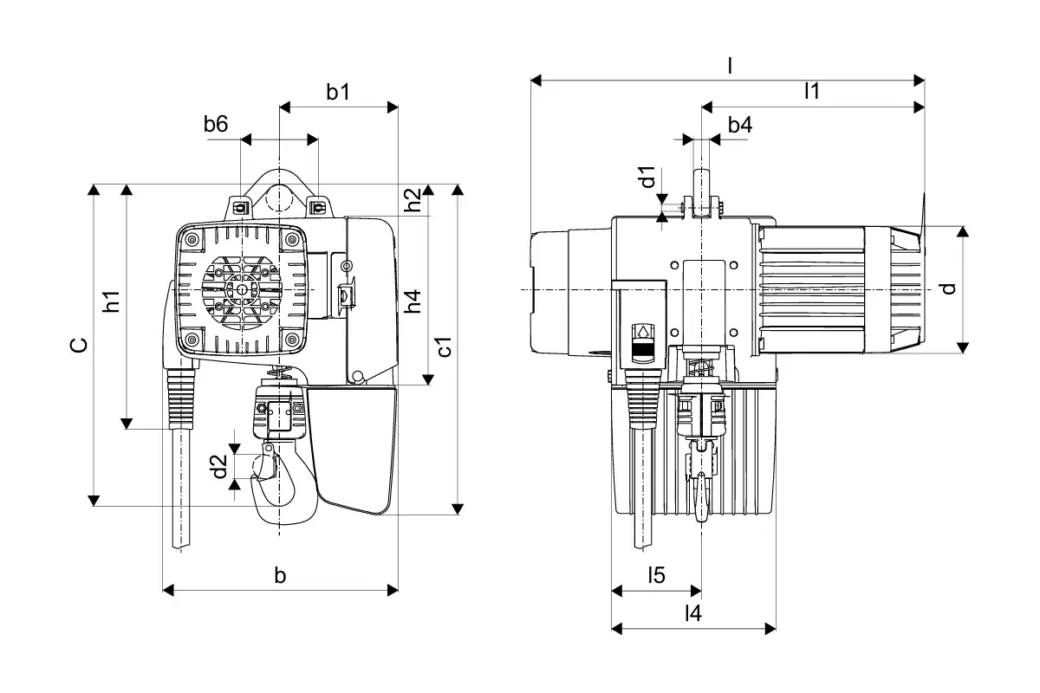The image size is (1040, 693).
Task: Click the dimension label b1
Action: coord(338,92)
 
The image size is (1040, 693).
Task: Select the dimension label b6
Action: coord(216,124)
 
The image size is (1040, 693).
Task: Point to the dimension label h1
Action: coord(112,301)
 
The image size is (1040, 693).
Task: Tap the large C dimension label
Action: coord(79,345)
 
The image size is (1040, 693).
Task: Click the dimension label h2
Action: coord(413,199)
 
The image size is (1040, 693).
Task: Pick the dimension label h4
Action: coord(413,301)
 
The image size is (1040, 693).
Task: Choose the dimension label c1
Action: coord(445,346)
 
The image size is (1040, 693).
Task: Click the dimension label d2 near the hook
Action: coord(218,467)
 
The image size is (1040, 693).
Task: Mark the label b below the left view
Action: coord(280,575)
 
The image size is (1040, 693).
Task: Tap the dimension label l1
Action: coord(812,91)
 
